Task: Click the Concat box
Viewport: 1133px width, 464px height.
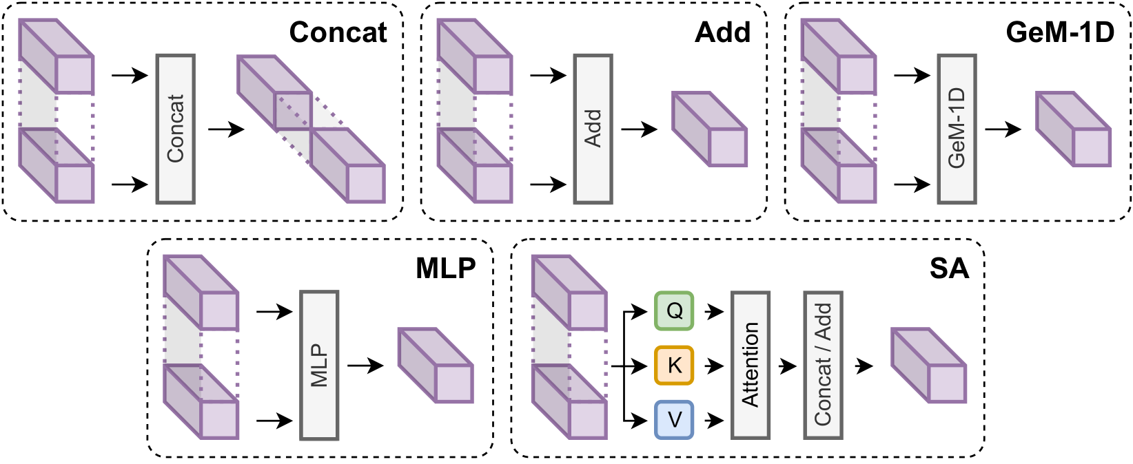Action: point(175,129)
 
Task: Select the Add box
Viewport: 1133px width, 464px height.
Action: point(593,129)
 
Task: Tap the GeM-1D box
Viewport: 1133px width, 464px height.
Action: point(957,129)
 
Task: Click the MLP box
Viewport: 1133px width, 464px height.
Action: point(319,366)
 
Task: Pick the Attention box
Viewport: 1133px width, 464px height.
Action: point(750,366)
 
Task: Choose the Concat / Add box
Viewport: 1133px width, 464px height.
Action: point(823,366)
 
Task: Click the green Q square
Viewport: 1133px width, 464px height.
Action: point(674,310)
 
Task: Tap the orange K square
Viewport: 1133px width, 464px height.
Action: point(674,365)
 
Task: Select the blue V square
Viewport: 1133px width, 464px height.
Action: point(674,419)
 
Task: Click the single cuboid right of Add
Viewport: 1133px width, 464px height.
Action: point(710,129)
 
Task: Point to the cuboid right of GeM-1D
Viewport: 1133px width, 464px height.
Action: point(1074,129)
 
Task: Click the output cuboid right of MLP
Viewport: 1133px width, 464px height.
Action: point(436,366)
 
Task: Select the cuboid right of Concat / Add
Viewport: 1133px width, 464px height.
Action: point(929,366)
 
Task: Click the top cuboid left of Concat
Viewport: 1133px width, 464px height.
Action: point(56,56)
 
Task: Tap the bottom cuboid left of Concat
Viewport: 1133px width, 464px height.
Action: point(56,166)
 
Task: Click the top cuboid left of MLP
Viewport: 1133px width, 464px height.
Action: point(201,293)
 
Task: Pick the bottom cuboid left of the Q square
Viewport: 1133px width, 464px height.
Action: point(569,402)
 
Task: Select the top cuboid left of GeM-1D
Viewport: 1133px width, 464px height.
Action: point(838,56)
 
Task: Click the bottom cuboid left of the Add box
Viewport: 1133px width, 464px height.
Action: point(475,166)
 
